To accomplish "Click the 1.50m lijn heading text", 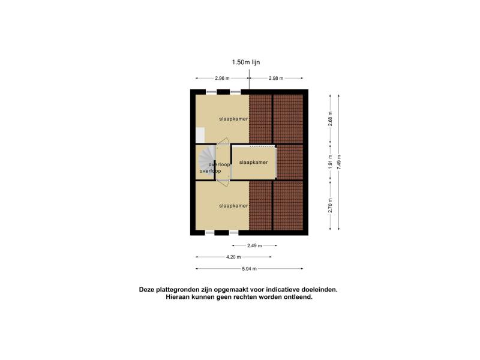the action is point(246,62).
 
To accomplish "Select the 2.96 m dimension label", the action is point(222,78).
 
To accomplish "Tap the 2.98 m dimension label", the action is point(276,78).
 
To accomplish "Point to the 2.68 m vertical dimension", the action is point(330,118).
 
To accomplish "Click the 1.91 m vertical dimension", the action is point(330,161).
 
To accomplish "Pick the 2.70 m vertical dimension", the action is point(330,205).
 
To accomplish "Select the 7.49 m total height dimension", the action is point(338,162).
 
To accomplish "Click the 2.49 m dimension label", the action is point(254,245).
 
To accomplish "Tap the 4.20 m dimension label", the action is point(233,257).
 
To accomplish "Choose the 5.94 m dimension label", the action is point(249,269).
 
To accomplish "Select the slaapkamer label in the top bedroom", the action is point(233,119).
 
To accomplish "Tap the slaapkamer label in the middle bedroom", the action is point(253,162).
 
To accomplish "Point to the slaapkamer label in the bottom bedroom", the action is point(233,206).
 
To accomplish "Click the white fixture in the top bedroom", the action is point(200,136).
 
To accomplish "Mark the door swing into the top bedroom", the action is point(223,142).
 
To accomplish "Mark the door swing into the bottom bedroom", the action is point(223,184).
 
